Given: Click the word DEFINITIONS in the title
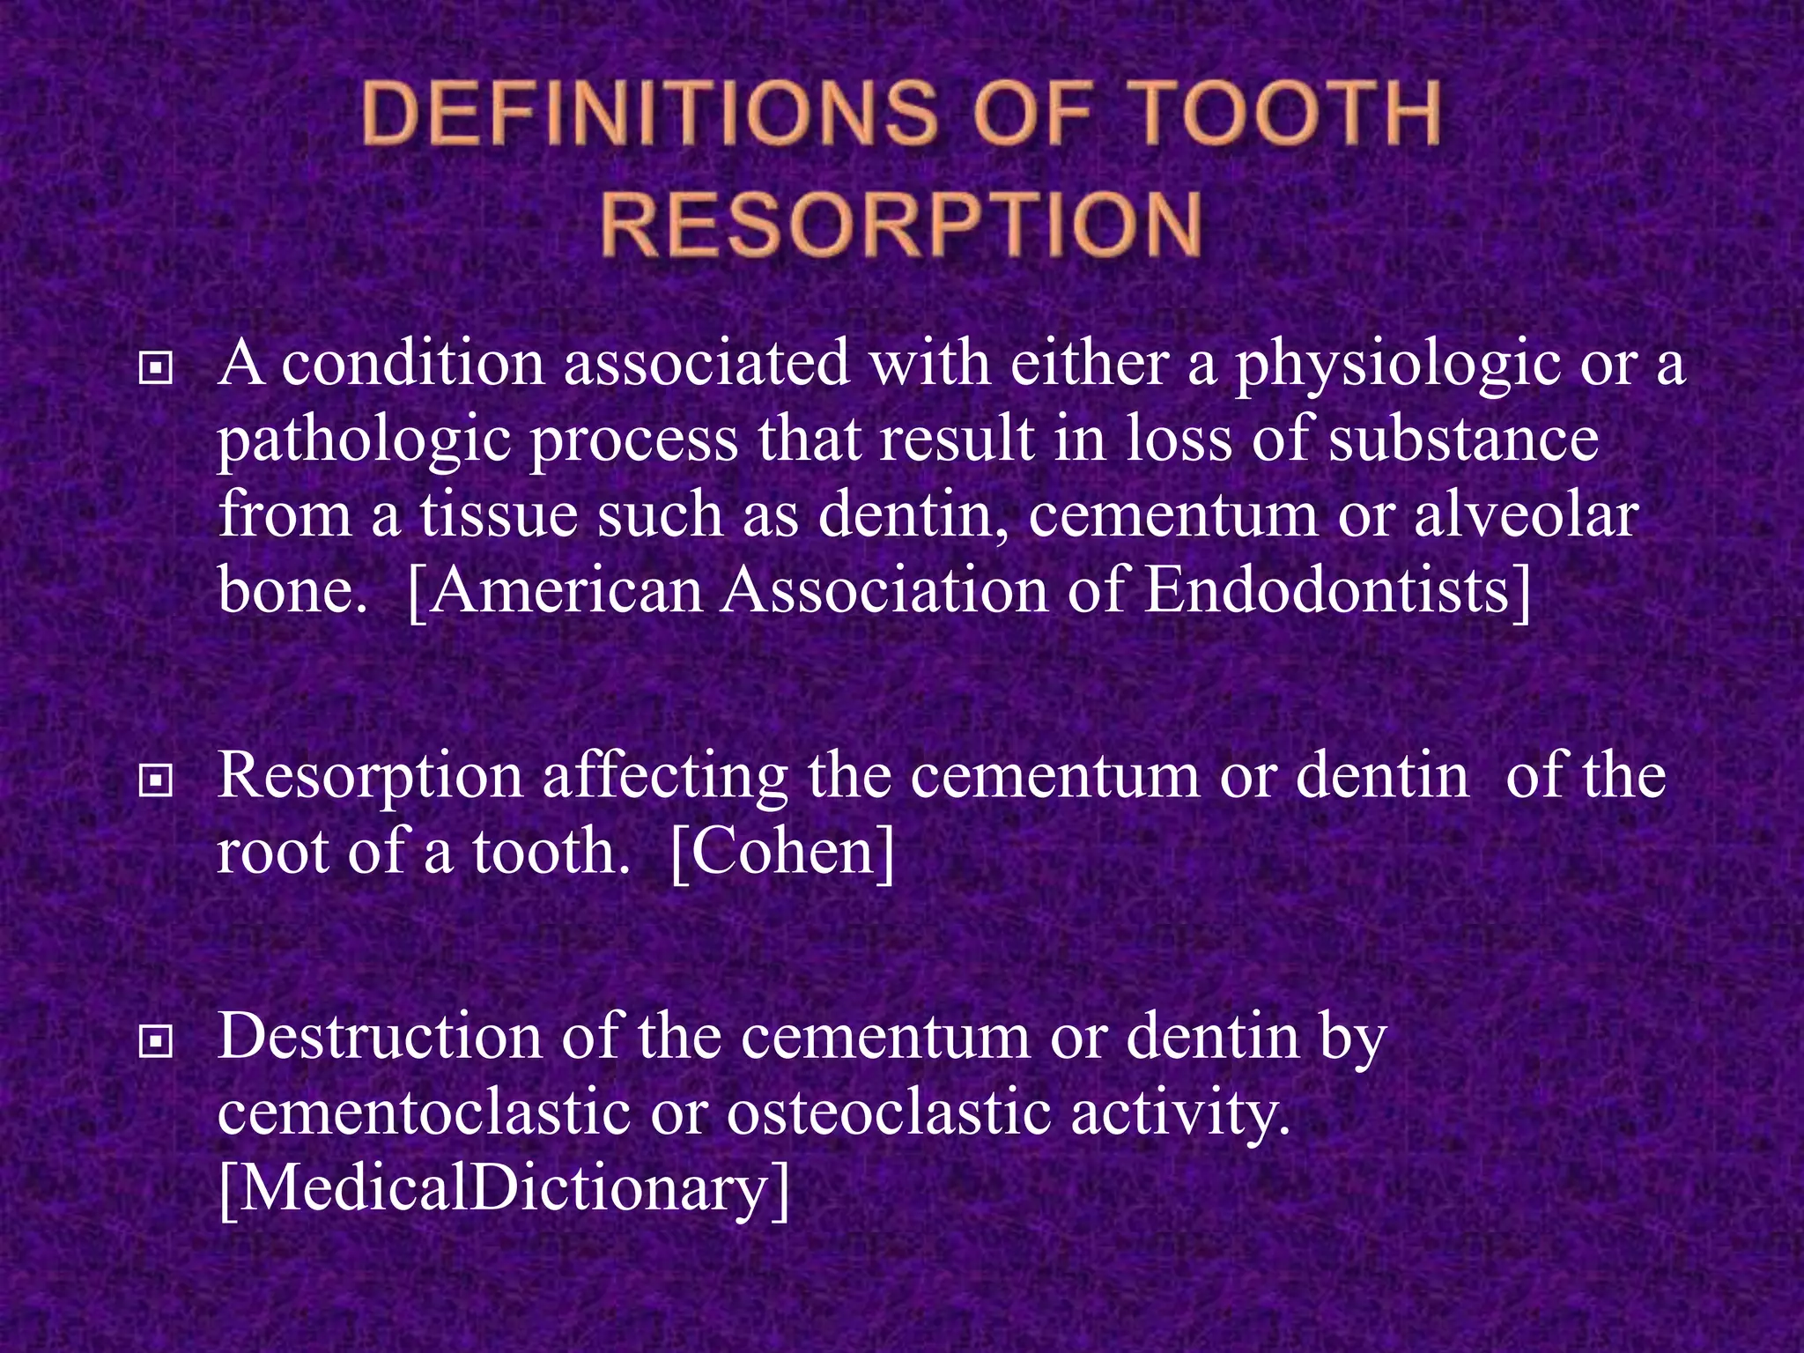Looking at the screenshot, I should pos(648,114).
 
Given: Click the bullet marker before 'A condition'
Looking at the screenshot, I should pos(156,368).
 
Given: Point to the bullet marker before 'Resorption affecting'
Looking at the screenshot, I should pos(156,780).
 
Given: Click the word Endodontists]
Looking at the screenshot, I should pos(1338,589).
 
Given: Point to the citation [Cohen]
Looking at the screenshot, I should pos(782,851).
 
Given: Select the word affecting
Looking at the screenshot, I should pos(664,778).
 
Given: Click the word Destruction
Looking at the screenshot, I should pos(380,1036).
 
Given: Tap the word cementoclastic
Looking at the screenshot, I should pos(424,1112).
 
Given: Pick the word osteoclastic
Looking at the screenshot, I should pos(888,1112).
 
